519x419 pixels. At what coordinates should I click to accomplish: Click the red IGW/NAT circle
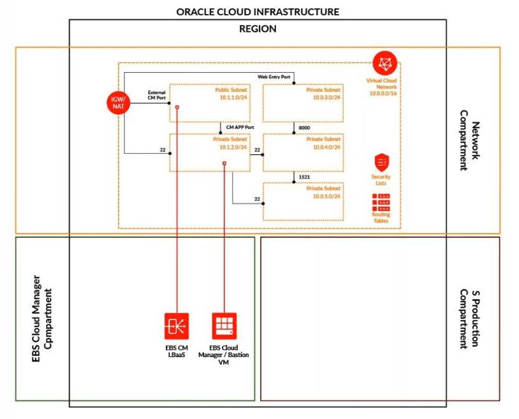[119, 103]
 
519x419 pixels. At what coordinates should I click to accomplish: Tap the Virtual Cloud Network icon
[384, 62]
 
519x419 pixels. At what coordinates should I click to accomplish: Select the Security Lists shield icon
[381, 162]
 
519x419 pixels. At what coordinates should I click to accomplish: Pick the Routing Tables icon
[381, 203]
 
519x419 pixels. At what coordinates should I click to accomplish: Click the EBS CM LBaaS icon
[175, 326]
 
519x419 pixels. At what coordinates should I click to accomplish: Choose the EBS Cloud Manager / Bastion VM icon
[224, 326]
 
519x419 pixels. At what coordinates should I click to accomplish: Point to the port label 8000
[305, 128]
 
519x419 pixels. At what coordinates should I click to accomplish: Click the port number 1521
[305, 176]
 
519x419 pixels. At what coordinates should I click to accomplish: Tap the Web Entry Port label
[274, 77]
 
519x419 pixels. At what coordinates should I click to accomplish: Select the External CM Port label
[156, 95]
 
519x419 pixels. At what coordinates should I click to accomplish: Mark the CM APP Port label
[239, 128]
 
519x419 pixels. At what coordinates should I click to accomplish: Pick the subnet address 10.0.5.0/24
[326, 196]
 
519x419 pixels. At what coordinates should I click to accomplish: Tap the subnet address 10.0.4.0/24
[326, 147]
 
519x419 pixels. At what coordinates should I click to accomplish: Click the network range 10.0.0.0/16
[383, 92]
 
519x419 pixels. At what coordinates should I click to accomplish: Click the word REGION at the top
[258, 29]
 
